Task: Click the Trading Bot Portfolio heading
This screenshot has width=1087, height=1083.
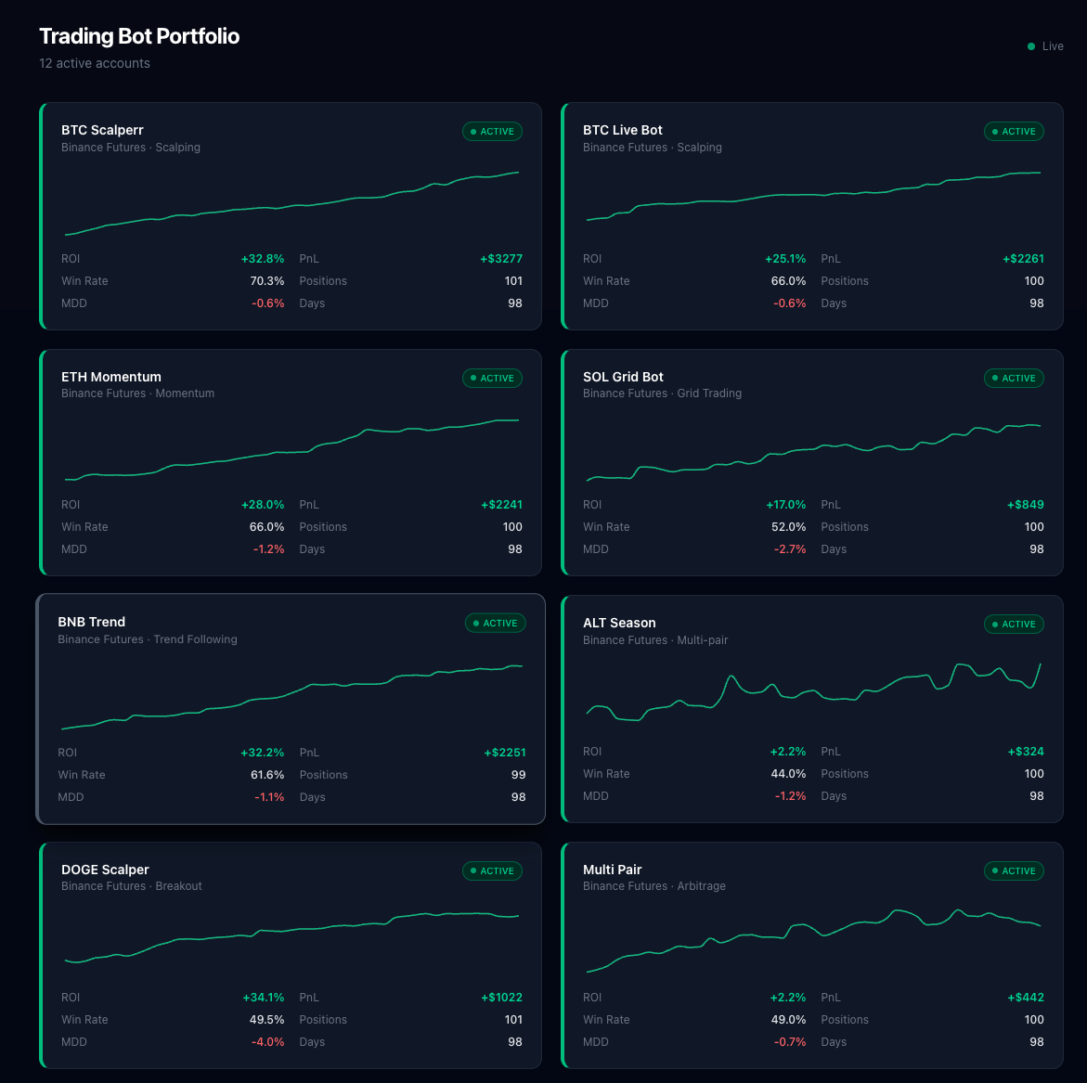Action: [139, 36]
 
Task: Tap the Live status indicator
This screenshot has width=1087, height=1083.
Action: [1046, 46]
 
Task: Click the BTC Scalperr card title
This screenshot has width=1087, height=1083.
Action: [102, 130]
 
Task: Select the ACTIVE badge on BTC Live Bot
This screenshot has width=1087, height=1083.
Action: [1014, 132]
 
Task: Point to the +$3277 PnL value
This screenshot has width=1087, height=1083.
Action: [501, 259]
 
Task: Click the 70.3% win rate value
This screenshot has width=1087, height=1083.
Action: [267, 281]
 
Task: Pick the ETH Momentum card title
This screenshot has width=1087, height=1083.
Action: [111, 377]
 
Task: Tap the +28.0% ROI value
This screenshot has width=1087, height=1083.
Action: [263, 505]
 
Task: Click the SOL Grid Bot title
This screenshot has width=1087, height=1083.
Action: [623, 377]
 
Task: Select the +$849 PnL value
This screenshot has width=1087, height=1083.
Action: [1025, 505]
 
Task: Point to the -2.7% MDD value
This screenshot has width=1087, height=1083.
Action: [789, 549]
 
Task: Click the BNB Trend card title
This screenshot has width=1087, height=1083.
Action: [91, 622]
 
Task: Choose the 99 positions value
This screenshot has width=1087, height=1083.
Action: [518, 775]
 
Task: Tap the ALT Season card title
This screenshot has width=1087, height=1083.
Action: [619, 623]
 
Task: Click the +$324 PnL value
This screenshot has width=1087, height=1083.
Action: [1025, 752]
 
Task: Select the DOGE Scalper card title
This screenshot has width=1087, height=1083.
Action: [105, 870]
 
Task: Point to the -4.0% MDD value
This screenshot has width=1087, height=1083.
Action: [267, 1042]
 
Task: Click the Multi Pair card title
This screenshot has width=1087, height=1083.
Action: [612, 870]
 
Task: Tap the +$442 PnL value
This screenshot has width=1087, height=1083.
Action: [1025, 998]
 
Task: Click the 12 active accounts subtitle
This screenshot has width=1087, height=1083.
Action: [95, 63]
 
